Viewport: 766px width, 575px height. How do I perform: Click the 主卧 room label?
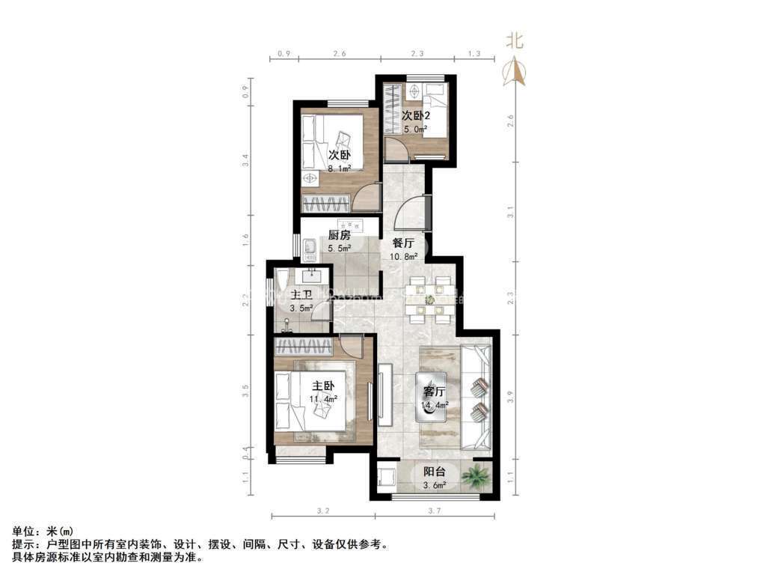point(323,386)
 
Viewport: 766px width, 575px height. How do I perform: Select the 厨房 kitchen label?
point(338,235)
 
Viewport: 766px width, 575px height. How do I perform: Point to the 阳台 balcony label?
point(435,472)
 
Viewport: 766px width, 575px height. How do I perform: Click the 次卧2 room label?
point(415,116)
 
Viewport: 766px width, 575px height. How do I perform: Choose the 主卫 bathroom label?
point(301,293)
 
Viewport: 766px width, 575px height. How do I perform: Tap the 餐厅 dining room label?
point(404,243)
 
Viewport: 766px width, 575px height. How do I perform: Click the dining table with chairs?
point(429,299)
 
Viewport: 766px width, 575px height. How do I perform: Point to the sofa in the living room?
point(477,397)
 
